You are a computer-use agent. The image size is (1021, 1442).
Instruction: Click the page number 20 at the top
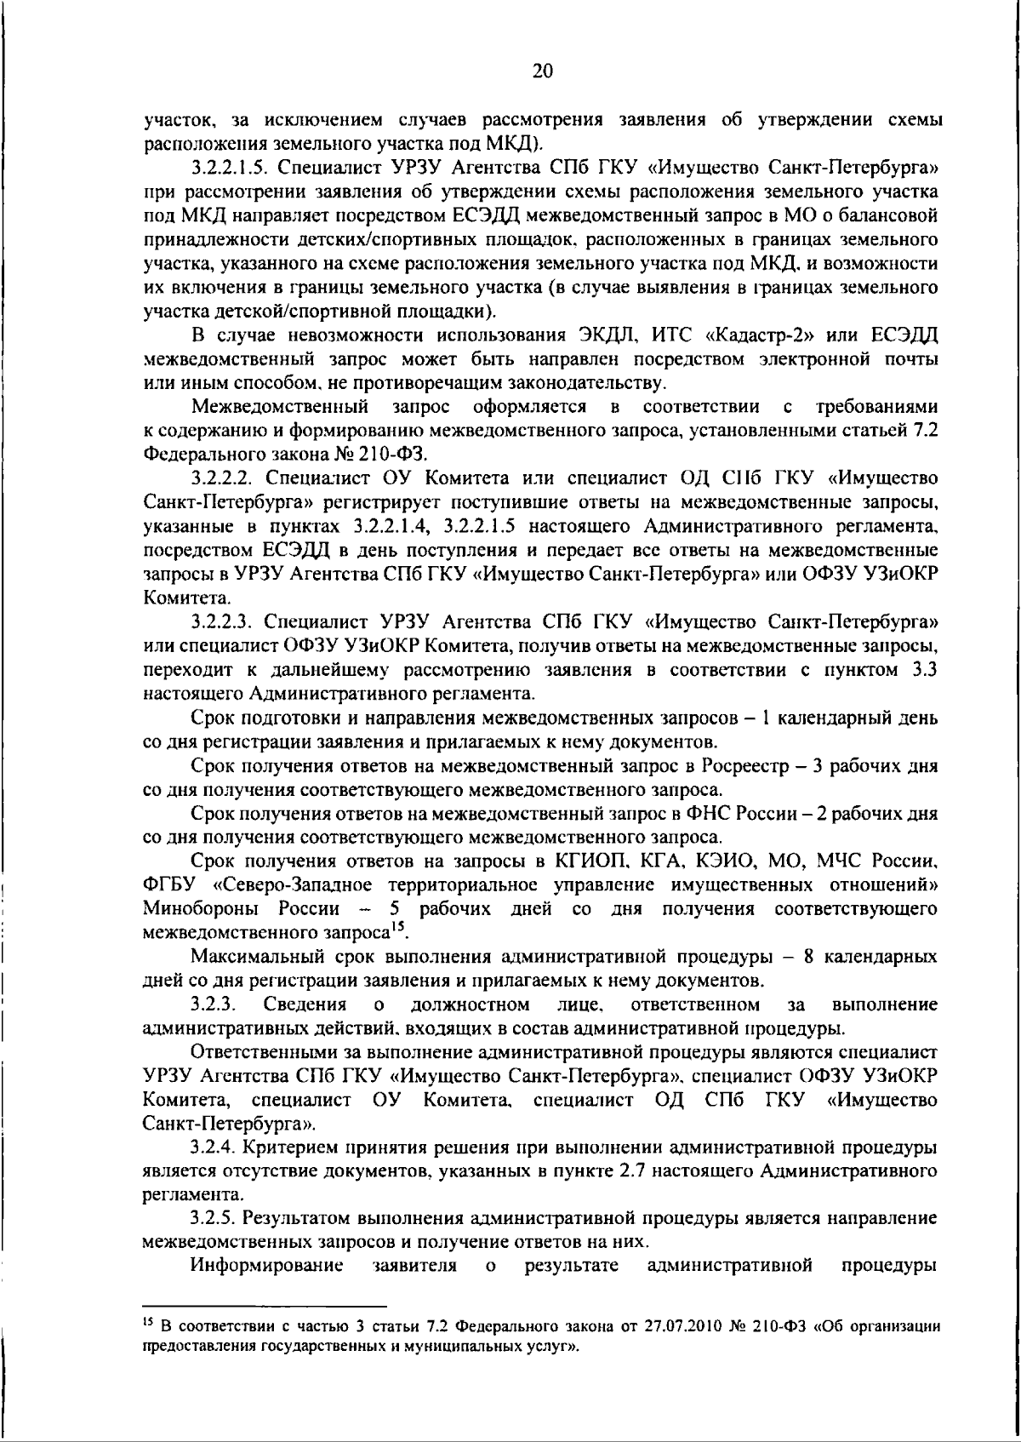542,72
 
